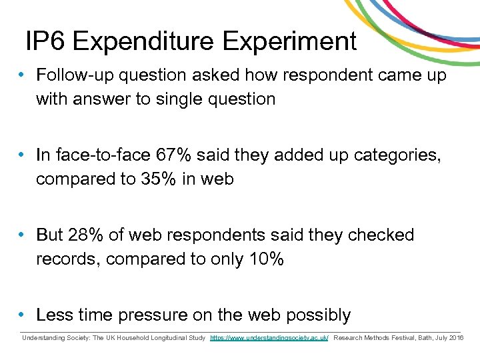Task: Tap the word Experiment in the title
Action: (290, 41)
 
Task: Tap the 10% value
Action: (266, 259)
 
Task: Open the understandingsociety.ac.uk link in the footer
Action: (269, 338)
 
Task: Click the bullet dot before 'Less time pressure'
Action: (23, 315)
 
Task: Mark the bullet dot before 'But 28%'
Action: (23, 235)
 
